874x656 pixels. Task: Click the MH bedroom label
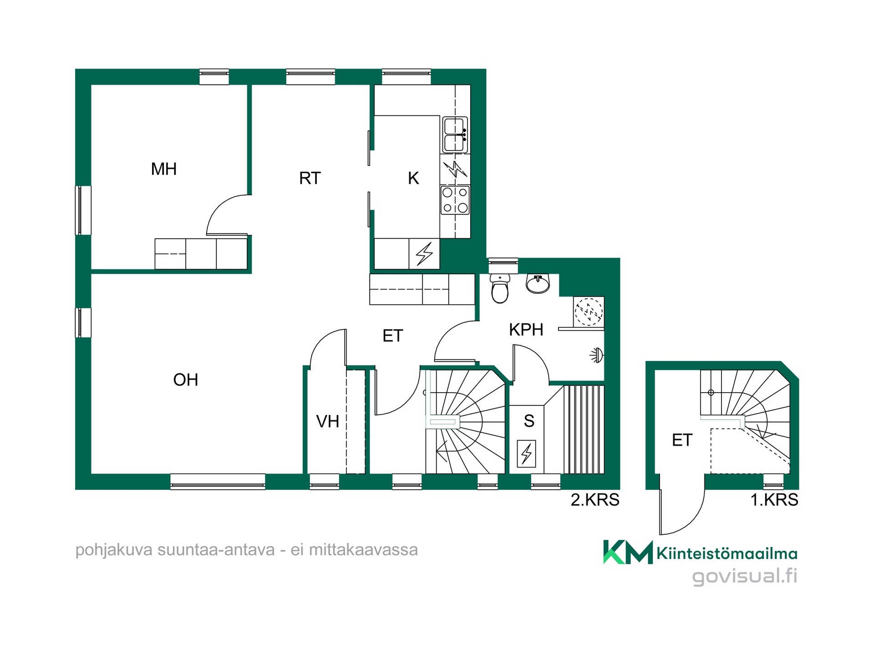point(164,169)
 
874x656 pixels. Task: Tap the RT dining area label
point(310,178)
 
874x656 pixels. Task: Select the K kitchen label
point(413,178)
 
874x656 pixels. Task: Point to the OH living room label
point(186,380)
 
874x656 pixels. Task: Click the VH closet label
point(328,421)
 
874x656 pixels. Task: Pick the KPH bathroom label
point(526,330)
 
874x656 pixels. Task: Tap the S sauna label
point(529,421)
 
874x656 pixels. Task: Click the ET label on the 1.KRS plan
point(682,440)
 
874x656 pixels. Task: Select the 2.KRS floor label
point(595,500)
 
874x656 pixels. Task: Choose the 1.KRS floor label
point(774,500)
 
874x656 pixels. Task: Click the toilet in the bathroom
point(500,288)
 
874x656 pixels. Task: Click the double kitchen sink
point(455,135)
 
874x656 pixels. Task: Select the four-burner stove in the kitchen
point(455,200)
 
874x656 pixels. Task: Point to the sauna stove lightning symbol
point(527,453)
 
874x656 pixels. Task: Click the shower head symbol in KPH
point(597,355)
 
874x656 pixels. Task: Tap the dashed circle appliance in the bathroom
point(589,312)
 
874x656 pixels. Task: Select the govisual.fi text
point(745,576)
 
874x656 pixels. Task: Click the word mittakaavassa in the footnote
point(363,550)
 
